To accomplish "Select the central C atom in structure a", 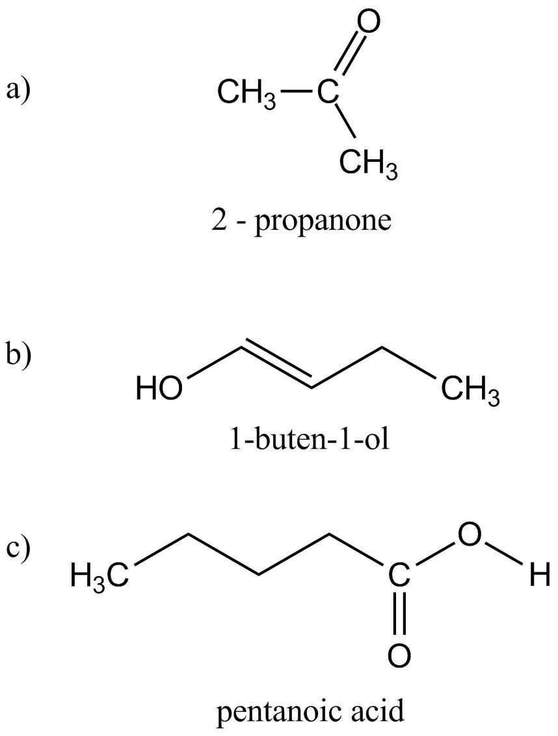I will point(328,94).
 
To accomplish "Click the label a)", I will point(18,89).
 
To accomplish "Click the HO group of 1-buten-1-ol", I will point(159,390).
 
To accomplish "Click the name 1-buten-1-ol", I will point(308,440).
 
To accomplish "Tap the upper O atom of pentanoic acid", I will point(470,535).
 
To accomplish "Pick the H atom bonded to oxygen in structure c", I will point(539,576).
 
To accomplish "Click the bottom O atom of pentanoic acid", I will point(399,655).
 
